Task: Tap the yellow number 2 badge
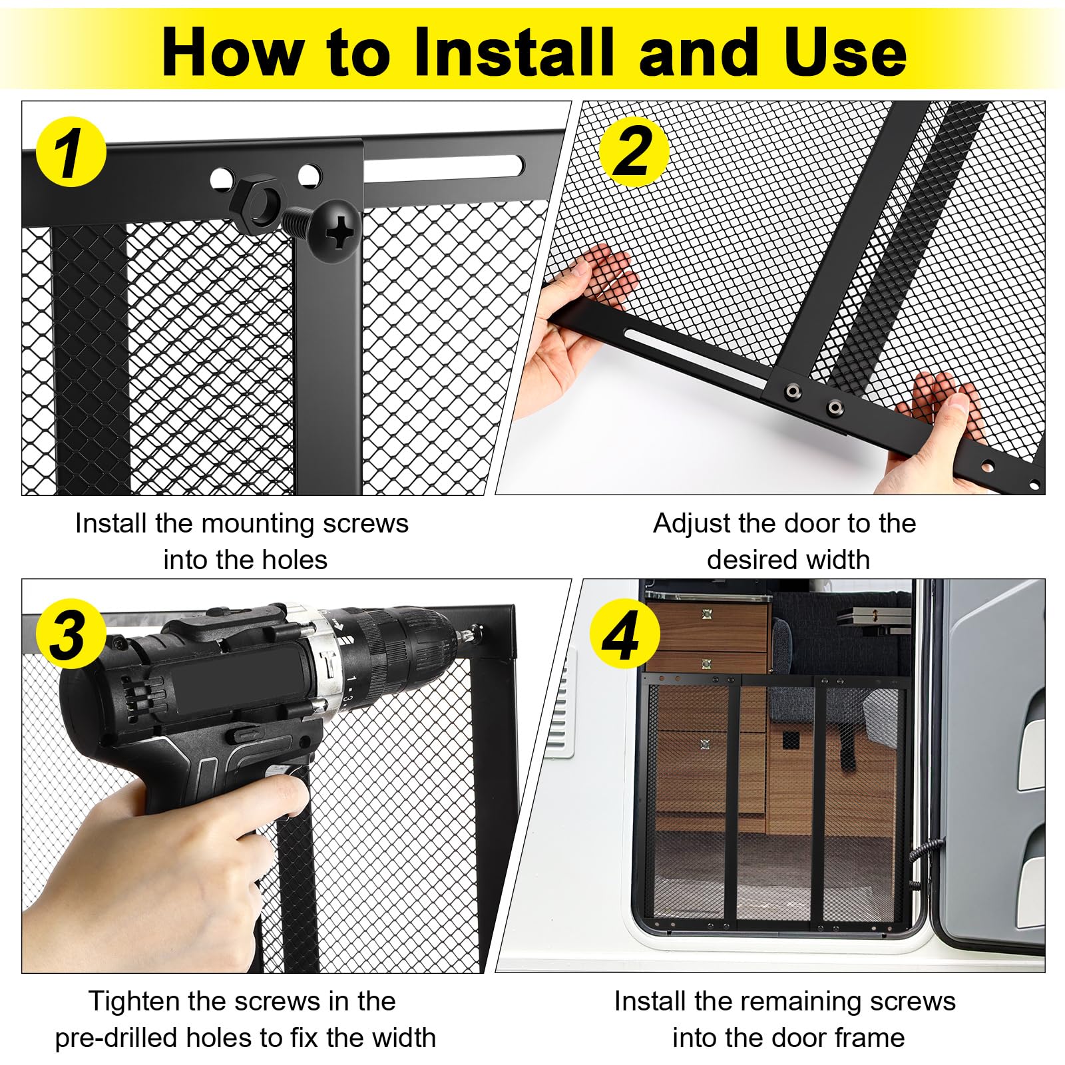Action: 634,152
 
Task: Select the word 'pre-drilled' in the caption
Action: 116,1038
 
